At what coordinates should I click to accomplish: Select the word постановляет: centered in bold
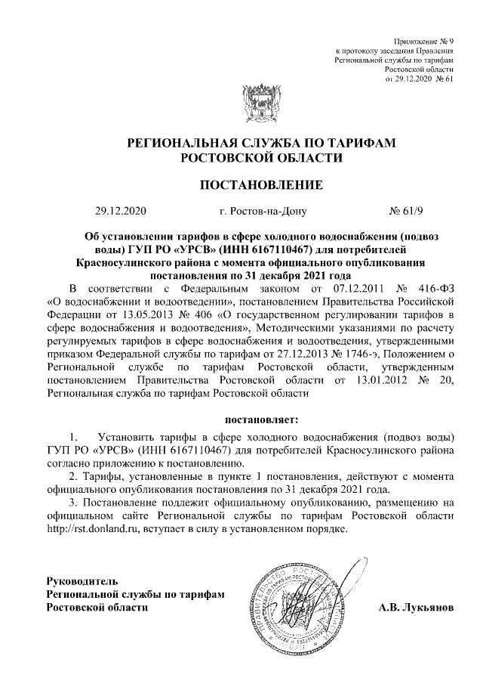[x=261, y=418]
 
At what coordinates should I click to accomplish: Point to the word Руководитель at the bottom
[x=82, y=581]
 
